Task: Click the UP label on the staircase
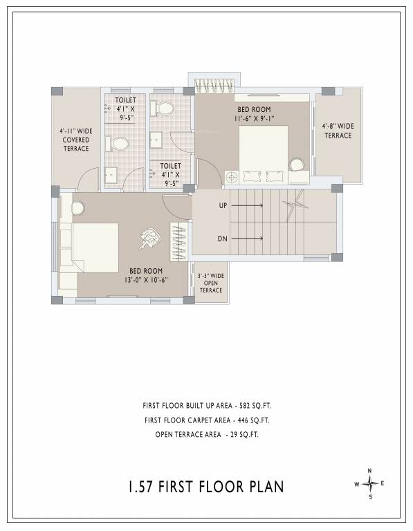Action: (223, 206)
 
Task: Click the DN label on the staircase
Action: (223, 239)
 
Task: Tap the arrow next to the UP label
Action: (250, 206)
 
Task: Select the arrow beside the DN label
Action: (250, 239)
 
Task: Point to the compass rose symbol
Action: (370, 483)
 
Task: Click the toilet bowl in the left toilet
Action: (118, 144)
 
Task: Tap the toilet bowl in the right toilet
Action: (163, 109)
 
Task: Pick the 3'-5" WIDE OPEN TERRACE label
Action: (212, 283)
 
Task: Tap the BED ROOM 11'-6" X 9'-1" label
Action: (255, 114)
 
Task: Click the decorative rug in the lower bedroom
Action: (149, 239)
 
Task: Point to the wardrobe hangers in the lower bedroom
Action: (179, 243)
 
